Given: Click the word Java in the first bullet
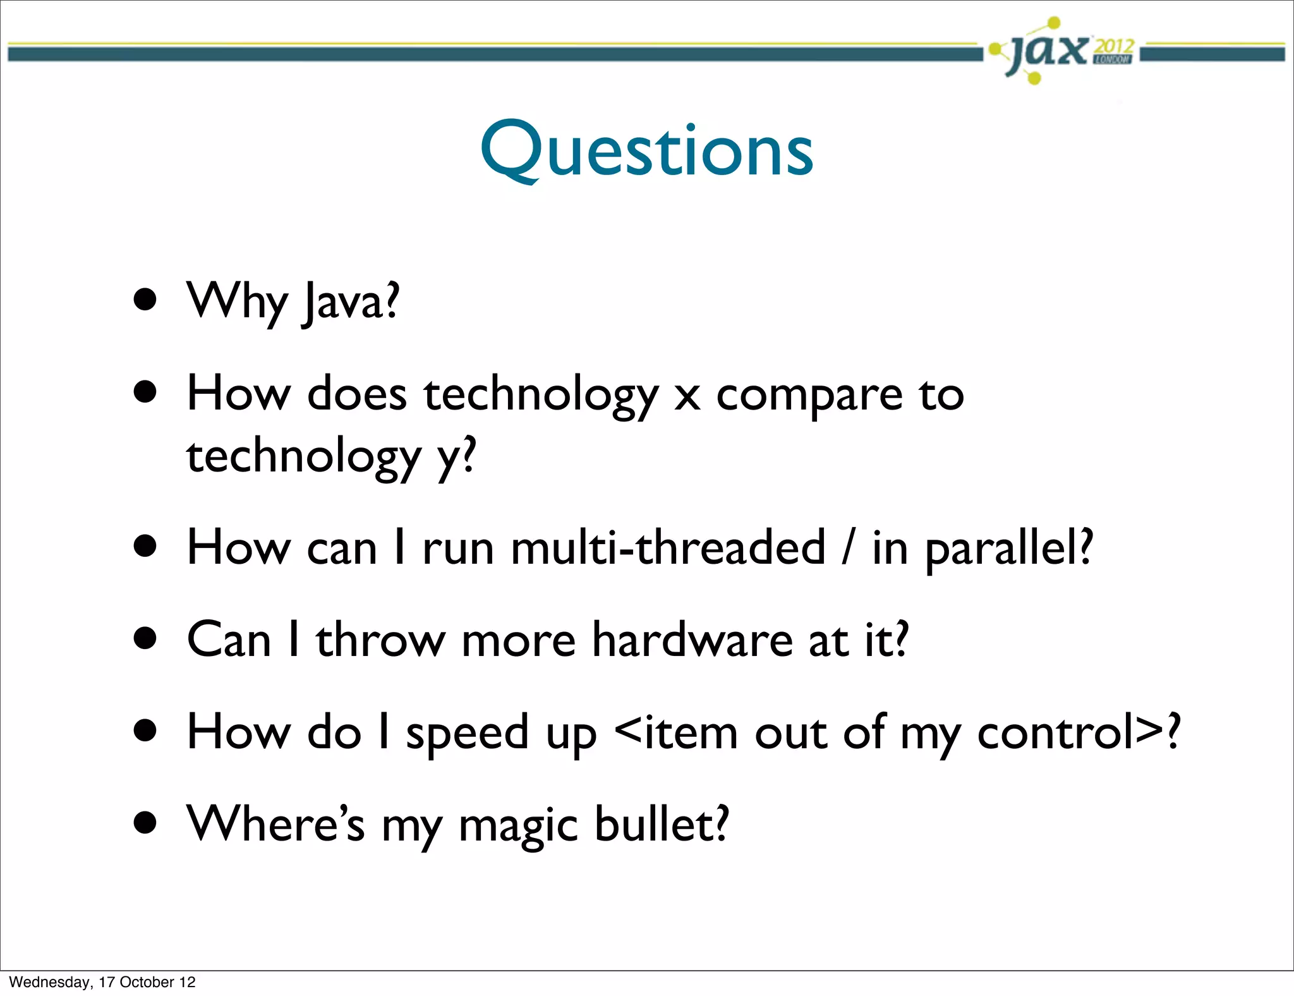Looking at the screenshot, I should pos(351,302).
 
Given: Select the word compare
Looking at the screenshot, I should pos(809,396).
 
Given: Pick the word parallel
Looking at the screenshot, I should pos(1008,549).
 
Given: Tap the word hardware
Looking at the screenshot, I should pos(692,640).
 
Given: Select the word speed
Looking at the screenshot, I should pos(467,733).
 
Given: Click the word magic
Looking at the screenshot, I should pos(518,825).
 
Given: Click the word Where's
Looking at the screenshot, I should pos(275,824).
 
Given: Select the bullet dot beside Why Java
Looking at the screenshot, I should pos(145,300).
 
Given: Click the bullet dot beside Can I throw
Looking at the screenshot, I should pos(145,638).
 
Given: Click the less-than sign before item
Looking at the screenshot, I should pos(628,732).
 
